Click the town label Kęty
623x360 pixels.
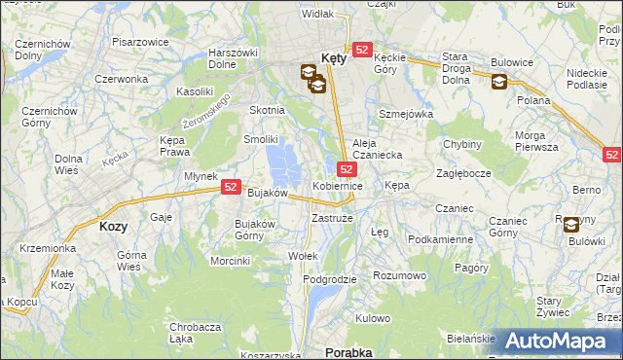[x=333, y=57]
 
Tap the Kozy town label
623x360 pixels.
[x=114, y=226]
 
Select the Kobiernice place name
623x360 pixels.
[x=338, y=185]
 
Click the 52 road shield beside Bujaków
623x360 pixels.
[x=231, y=186]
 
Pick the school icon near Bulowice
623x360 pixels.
[x=498, y=82]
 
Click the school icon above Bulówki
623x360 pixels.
[x=570, y=223]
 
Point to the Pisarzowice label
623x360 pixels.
[x=137, y=43]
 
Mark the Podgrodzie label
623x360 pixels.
[x=330, y=279]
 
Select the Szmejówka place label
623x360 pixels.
[x=405, y=114]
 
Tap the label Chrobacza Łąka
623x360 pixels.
[x=195, y=333]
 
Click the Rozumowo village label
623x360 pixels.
[x=400, y=275]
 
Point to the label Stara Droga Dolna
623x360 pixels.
[x=462, y=69]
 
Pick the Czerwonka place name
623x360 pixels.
[x=121, y=79]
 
